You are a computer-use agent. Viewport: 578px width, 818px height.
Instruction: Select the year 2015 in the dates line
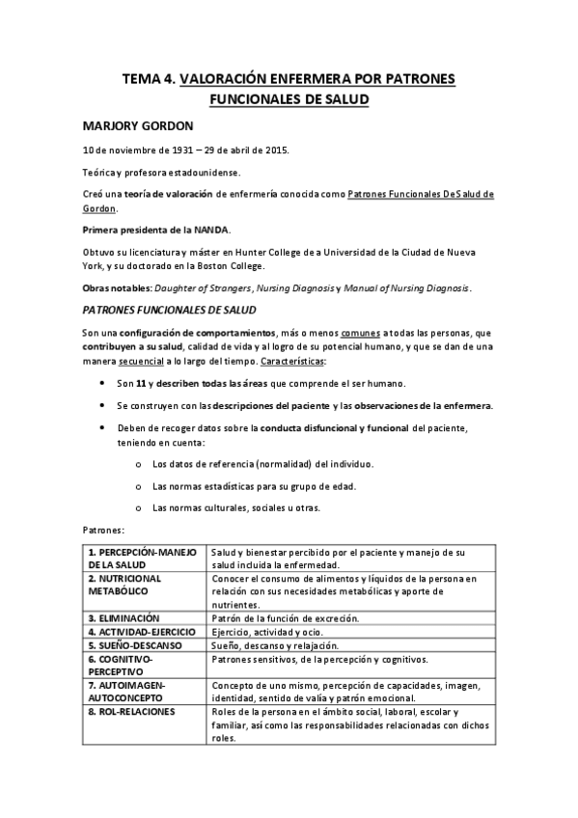(273, 151)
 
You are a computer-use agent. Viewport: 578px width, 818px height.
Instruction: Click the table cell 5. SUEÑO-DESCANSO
(135, 644)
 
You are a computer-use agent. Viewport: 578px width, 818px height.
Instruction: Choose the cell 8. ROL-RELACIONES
(132, 711)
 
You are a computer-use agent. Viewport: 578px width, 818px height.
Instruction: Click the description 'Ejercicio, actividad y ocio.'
(263, 631)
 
